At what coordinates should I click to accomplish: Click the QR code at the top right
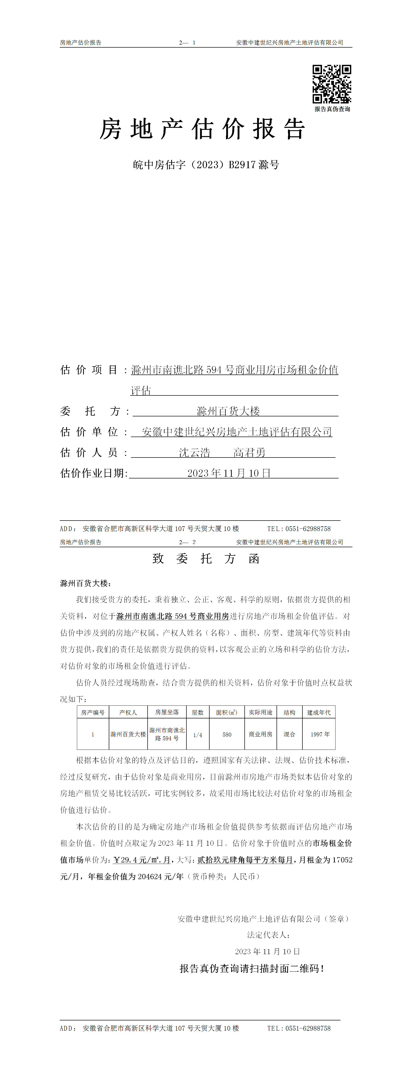click(332, 84)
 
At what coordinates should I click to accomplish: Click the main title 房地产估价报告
click(202, 129)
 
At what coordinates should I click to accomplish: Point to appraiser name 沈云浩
click(194, 452)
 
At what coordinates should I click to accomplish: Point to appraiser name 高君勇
click(249, 452)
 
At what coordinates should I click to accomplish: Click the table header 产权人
click(128, 712)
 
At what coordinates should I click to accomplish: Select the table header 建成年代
click(319, 712)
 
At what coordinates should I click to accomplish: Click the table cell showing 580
click(227, 735)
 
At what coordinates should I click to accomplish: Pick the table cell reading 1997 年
click(320, 735)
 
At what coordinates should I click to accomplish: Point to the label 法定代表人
click(268, 935)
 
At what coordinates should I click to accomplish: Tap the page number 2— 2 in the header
click(187, 542)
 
